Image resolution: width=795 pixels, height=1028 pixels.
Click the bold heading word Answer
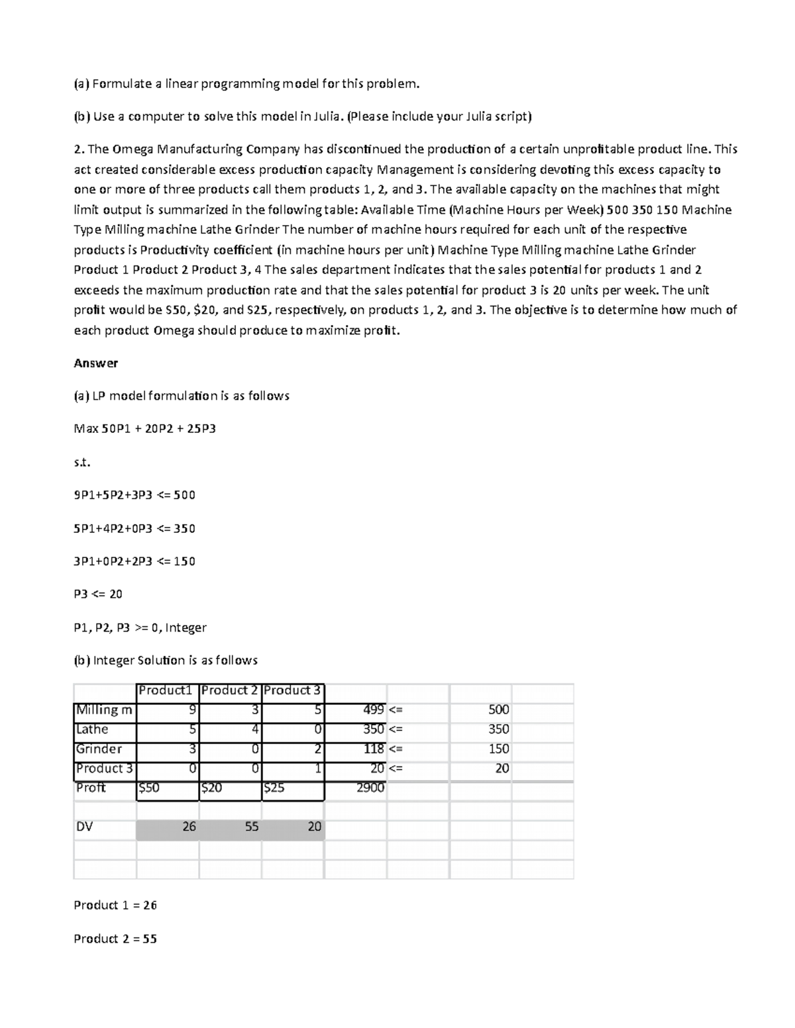click(x=95, y=363)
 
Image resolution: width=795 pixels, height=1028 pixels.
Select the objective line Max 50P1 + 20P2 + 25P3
click(x=144, y=428)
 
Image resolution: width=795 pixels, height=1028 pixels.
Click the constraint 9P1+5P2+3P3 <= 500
click(x=134, y=494)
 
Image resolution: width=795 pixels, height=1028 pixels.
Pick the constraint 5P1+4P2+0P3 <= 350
click(x=134, y=528)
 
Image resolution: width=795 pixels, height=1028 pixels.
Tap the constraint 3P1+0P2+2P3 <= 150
click(x=134, y=561)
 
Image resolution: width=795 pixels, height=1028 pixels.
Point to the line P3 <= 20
click(x=97, y=594)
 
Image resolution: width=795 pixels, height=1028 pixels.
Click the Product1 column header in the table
click(x=166, y=690)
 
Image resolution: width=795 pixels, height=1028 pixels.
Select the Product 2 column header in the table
click(x=229, y=690)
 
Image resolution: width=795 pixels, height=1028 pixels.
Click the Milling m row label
click(x=104, y=710)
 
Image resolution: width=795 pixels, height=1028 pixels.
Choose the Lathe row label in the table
click(x=92, y=729)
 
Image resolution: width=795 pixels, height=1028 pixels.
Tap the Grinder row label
click(x=99, y=749)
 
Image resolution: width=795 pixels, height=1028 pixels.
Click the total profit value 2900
click(x=370, y=788)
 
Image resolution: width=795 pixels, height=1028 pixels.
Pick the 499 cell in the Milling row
click(x=374, y=710)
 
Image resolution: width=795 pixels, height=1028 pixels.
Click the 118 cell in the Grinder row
click(x=374, y=749)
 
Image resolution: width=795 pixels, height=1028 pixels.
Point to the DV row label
click(x=84, y=827)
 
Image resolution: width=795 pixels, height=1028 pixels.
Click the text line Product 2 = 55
click(x=115, y=939)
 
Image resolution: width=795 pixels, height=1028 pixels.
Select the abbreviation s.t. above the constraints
click(x=81, y=462)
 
